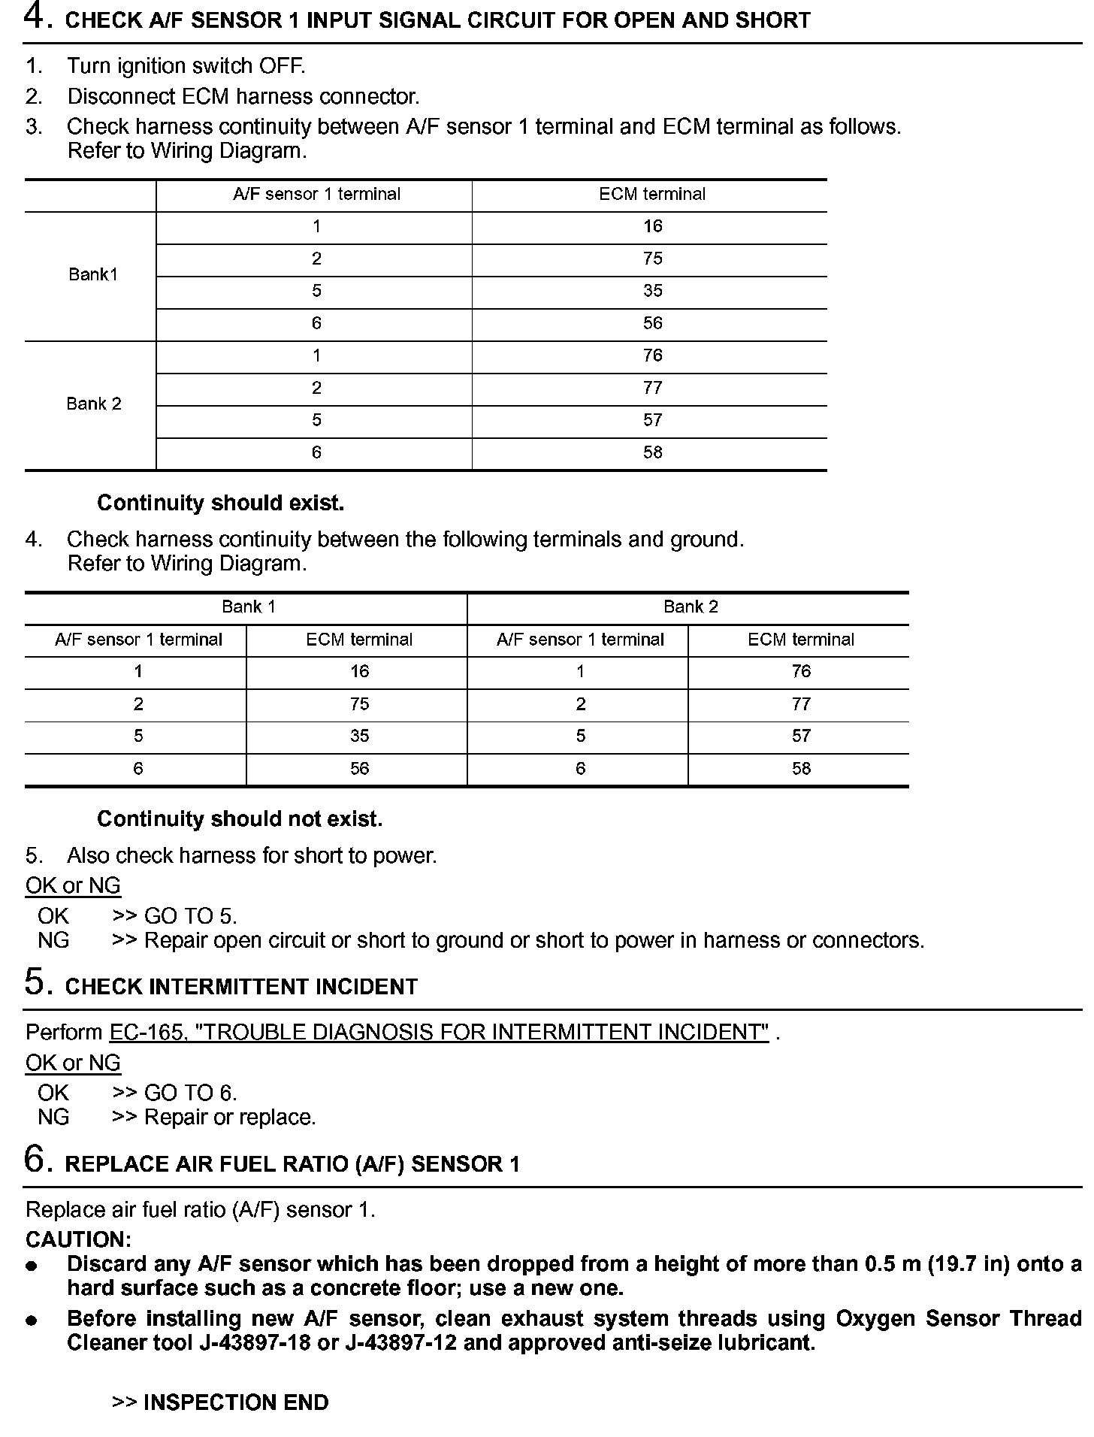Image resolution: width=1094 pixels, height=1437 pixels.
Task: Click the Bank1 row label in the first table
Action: click(x=93, y=274)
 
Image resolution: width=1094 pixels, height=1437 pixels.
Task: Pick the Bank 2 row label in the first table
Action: click(x=93, y=404)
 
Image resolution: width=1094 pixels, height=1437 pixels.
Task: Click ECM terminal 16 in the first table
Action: click(x=652, y=226)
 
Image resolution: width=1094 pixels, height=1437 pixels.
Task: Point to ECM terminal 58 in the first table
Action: click(x=652, y=452)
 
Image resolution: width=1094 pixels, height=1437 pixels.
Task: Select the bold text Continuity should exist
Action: click(x=220, y=503)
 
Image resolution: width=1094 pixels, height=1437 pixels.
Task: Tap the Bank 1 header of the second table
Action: click(x=248, y=607)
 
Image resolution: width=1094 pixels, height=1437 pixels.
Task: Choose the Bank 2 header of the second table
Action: click(x=691, y=607)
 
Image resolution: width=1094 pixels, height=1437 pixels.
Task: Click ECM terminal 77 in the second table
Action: click(x=801, y=704)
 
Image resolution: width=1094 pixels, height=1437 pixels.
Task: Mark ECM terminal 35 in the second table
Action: click(x=359, y=736)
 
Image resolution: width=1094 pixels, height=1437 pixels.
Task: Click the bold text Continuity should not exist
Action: click(x=240, y=818)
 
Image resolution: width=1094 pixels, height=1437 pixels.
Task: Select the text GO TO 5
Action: click(x=190, y=916)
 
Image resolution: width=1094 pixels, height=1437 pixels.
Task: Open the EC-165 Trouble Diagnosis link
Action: click(x=439, y=1032)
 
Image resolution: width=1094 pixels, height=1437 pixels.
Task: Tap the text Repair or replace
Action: click(x=229, y=1118)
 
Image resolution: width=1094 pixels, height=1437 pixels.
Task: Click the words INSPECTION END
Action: click(x=235, y=1402)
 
